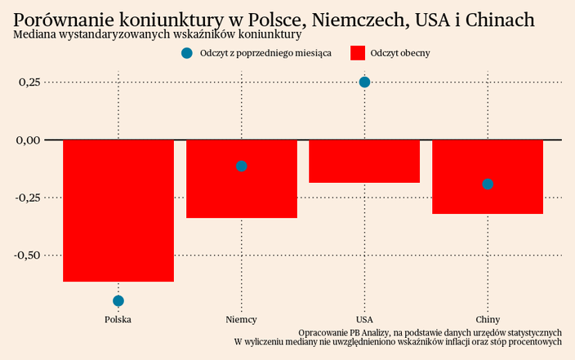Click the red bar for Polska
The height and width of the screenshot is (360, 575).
[x=118, y=211]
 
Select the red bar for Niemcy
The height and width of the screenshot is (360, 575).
[x=241, y=179]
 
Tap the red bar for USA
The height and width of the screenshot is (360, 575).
[x=364, y=161]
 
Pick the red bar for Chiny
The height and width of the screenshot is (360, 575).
[x=488, y=176]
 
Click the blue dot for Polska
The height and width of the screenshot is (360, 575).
[x=118, y=301]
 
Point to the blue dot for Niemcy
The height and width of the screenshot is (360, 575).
[x=241, y=166]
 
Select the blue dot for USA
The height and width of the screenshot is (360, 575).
[x=364, y=82]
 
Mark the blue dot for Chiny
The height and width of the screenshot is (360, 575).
[x=488, y=184]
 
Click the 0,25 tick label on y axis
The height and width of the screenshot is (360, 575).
[x=29, y=82]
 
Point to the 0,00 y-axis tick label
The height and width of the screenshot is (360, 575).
[x=29, y=140]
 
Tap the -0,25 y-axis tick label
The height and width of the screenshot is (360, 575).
[x=27, y=198]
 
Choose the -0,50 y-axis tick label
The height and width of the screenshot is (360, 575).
[x=27, y=255]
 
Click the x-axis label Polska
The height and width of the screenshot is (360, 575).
[x=118, y=319]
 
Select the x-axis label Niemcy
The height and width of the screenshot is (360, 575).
[x=241, y=319]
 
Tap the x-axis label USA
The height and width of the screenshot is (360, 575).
[x=364, y=319]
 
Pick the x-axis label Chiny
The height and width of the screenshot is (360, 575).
[x=488, y=319]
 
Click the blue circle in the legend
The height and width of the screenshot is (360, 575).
[x=186, y=53]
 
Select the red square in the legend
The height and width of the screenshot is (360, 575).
[x=357, y=53]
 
